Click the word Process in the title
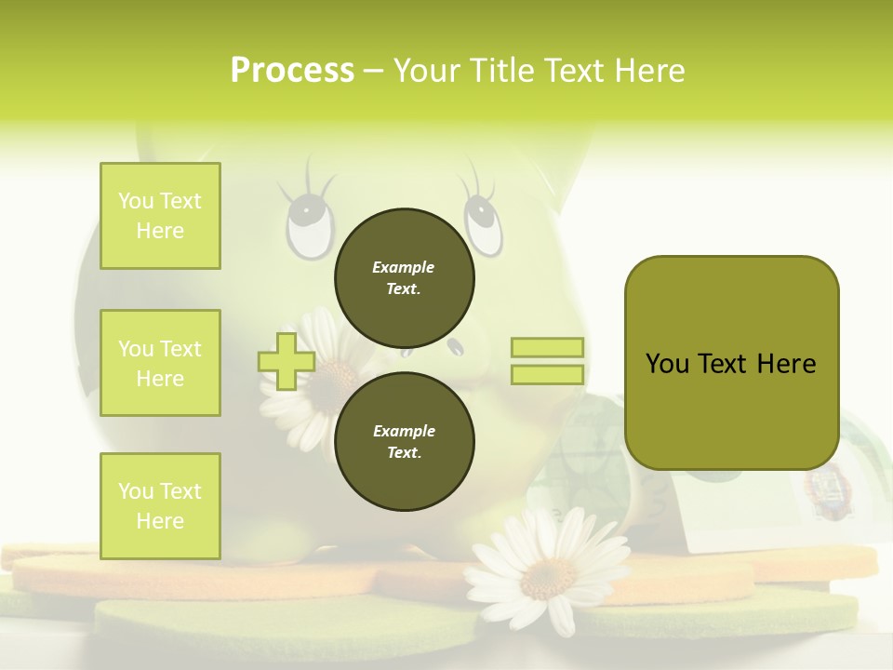click(x=292, y=71)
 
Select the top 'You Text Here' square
click(x=160, y=216)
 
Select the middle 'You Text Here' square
click(x=160, y=363)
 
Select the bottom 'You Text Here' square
click(x=160, y=506)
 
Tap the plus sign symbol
click(x=286, y=362)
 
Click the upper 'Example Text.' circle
click(x=404, y=277)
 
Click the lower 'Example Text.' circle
click(x=404, y=441)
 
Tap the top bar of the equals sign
click(x=547, y=348)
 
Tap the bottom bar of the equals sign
click(x=547, y=374)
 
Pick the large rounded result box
click(x=731, y=363)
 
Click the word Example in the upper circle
click(x=404, y=267)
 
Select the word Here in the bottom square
click(x=160, y=521)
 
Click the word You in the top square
click(x=134, y=201)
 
